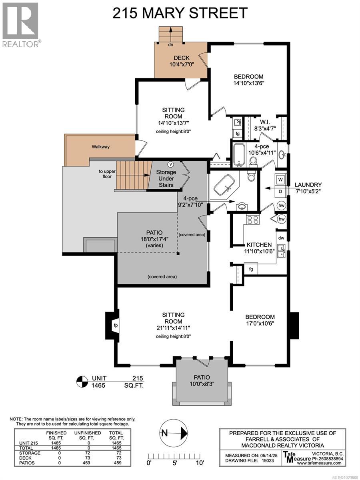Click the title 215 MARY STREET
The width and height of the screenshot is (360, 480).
point(180,13)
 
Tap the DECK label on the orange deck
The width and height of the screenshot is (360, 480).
point(181,58)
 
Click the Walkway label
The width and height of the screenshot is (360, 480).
point(100,147)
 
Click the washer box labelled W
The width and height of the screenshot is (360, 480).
point(281,180)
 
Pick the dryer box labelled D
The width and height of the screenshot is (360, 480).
point(281,191)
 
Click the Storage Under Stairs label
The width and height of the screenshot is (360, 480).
point(166,178)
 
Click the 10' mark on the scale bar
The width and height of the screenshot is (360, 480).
point(200,463)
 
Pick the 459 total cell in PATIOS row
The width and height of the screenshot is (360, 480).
point(116,463)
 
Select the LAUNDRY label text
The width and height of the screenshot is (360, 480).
point(308,185)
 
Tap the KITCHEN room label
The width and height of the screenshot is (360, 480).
point(259,244)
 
